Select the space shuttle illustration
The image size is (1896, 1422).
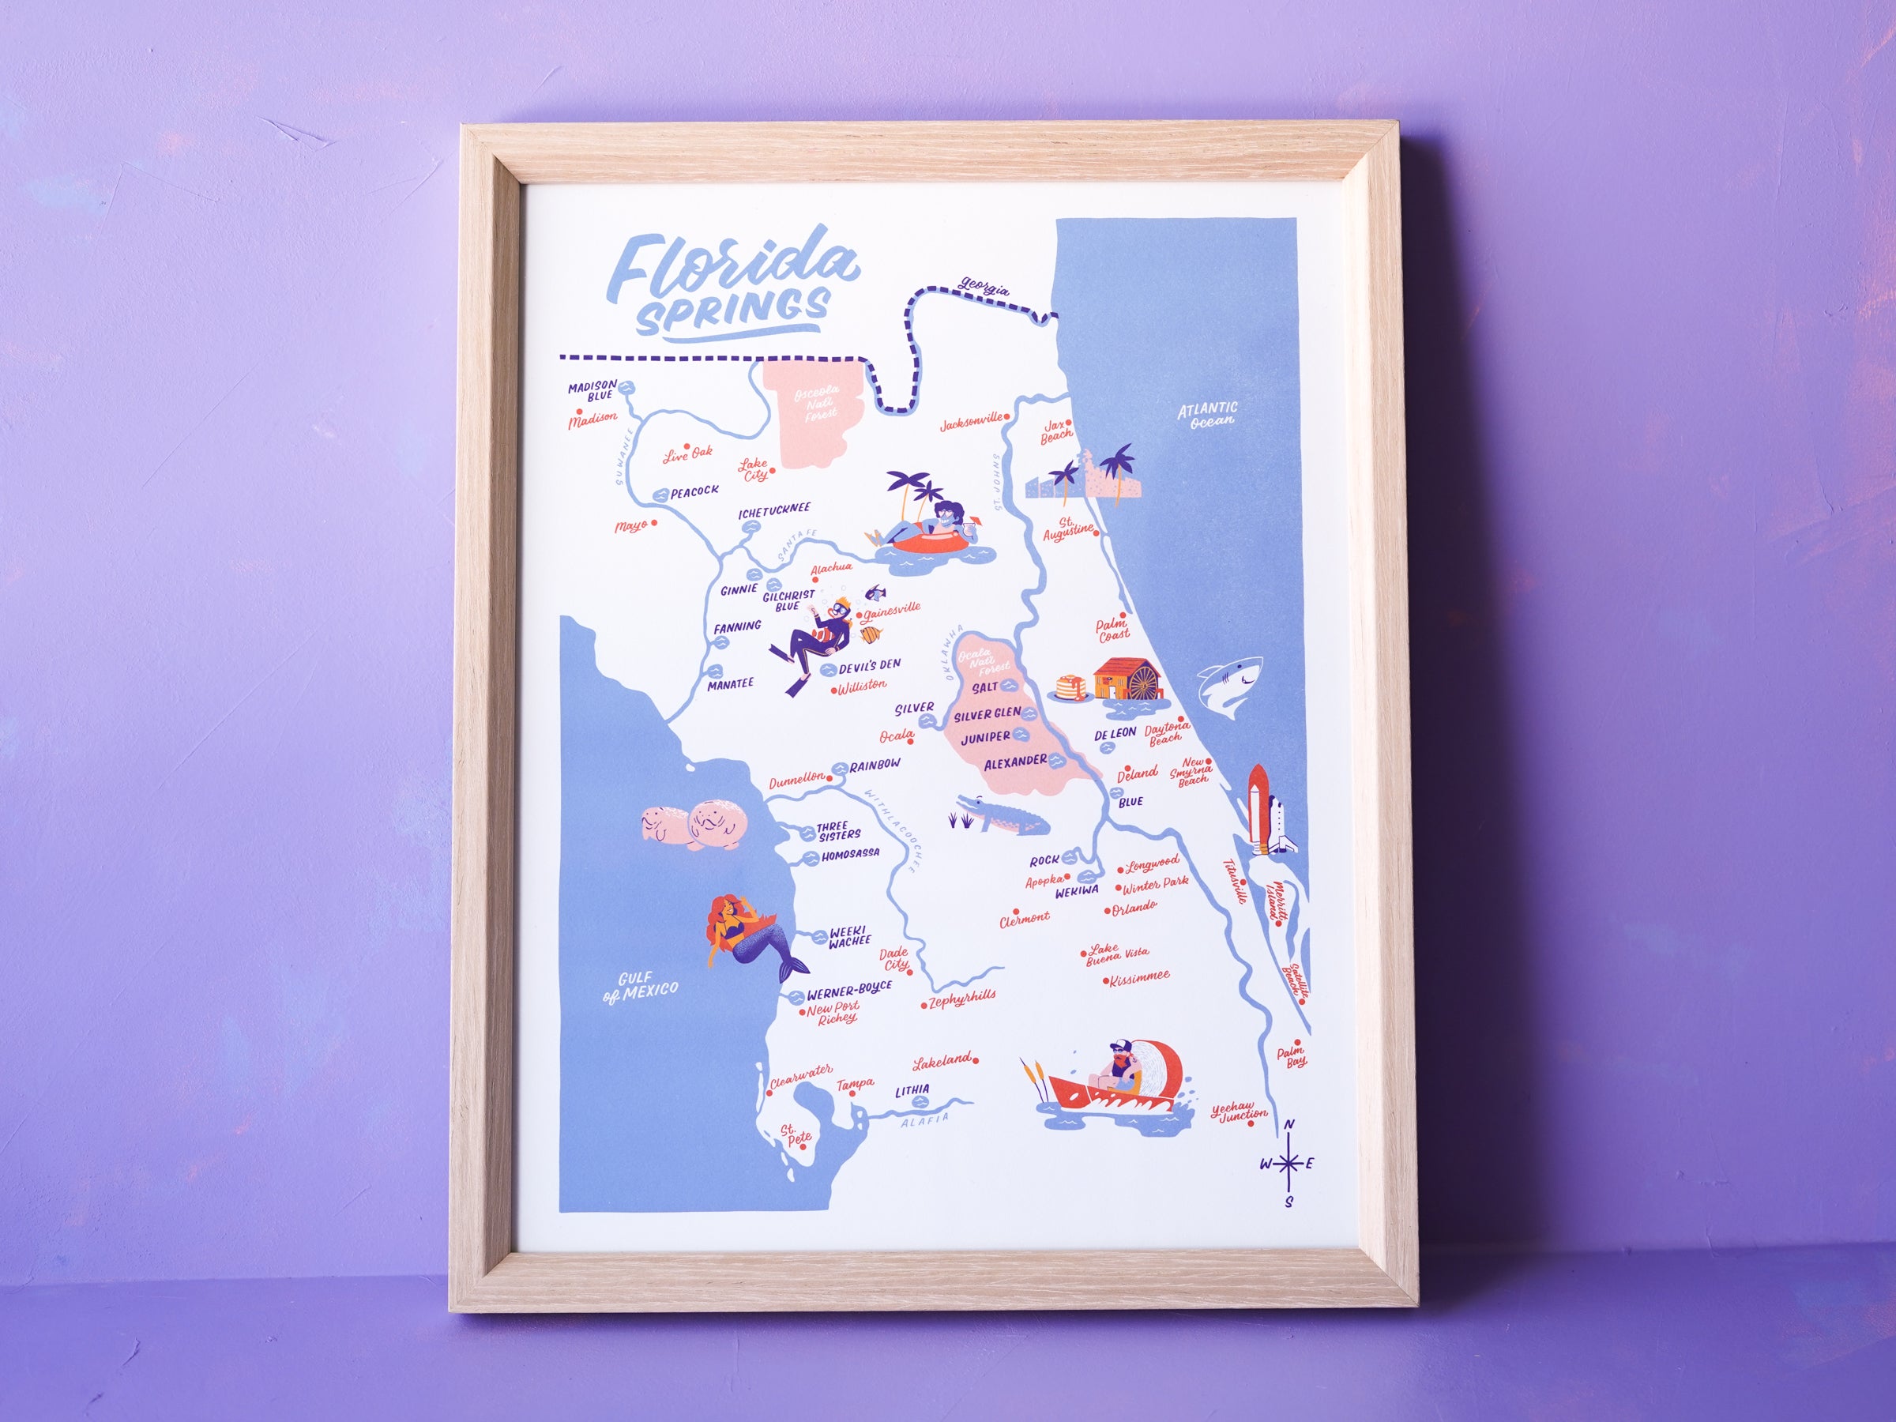(1260, 809)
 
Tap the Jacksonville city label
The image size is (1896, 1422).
(971, 423)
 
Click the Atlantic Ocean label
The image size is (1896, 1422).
(1207, 415)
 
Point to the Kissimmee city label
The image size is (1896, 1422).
(1139, 977)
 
